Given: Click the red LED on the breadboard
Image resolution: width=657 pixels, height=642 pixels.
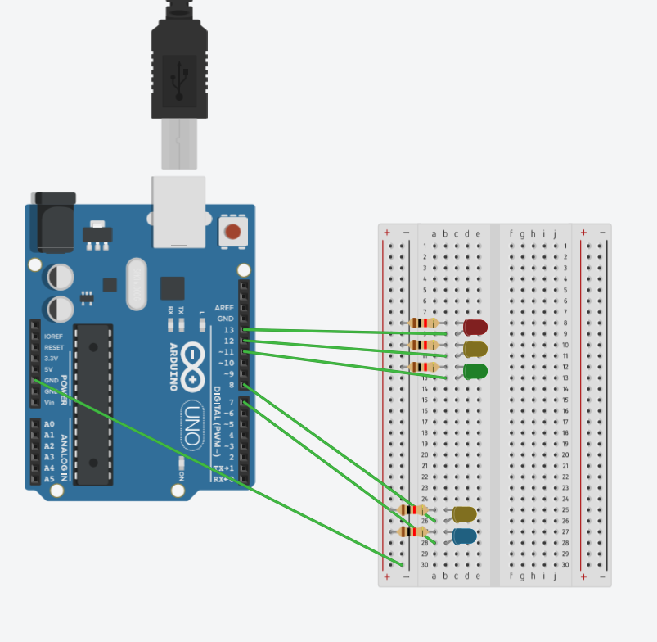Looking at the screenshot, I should click(x=475, y=328).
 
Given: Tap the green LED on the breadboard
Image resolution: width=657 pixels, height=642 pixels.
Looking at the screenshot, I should click(x=475, y=371).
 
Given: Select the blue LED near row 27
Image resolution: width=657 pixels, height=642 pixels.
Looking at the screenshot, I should click(x=465, y=536).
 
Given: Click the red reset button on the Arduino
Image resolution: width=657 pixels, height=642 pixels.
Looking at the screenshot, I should click(x=233, y=231).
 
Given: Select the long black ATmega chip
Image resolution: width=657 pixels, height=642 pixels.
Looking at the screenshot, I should click(x=93, y=404).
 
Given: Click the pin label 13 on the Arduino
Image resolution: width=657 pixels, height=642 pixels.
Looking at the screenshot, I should click(x=228, y=329).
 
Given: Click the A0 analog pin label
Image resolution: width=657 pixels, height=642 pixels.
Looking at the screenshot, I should click(x=49, y=424).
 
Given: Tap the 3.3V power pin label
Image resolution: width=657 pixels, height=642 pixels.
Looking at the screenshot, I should click(x=51, y=359).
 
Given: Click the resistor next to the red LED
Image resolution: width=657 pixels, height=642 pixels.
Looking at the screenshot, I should click(x=424, y=323).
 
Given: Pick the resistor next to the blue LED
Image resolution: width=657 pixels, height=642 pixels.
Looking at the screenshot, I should click(x=412, y=531).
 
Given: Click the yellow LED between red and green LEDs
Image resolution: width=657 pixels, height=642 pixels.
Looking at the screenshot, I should click(x=475, y=350).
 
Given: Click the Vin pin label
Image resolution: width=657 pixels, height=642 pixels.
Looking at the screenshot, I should click(x=49, y=402).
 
